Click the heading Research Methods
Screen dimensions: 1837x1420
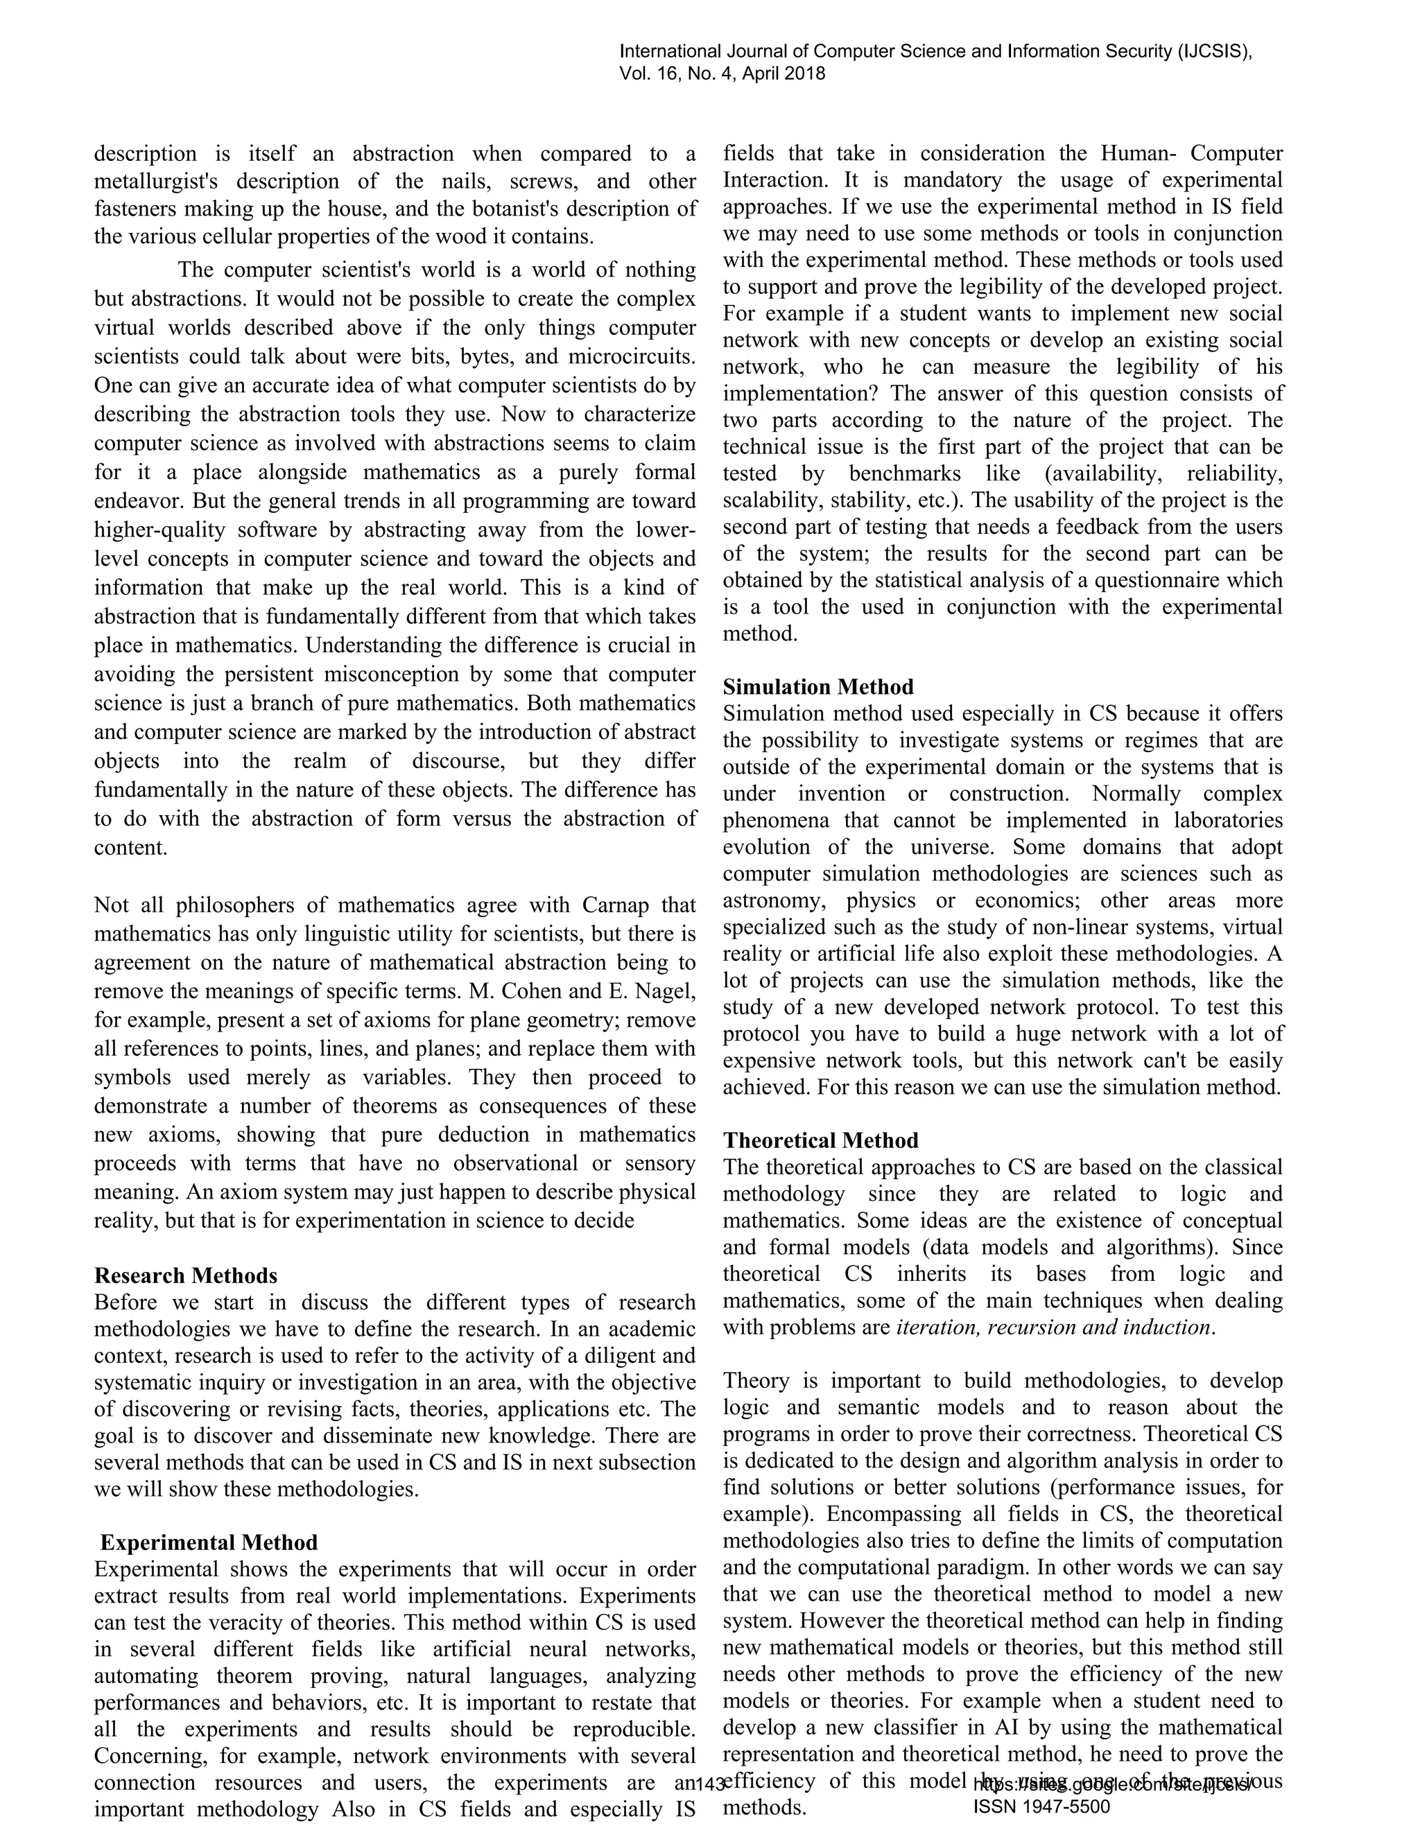tap(185, 1275)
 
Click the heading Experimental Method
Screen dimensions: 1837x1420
tap(209, 1542)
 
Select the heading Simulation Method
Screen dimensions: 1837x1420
tap(817, 686)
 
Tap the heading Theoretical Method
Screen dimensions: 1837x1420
tap(820, 1140)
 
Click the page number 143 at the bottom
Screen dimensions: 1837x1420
tap(711, 1781)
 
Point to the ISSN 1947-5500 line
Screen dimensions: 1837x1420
tap(1041, 1806)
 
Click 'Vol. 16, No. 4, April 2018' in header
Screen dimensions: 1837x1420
tap(722, 73)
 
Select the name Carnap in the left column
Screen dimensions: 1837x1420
tap(615, 905)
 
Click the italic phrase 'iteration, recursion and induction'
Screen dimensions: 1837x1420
tap(1054, 1327)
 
